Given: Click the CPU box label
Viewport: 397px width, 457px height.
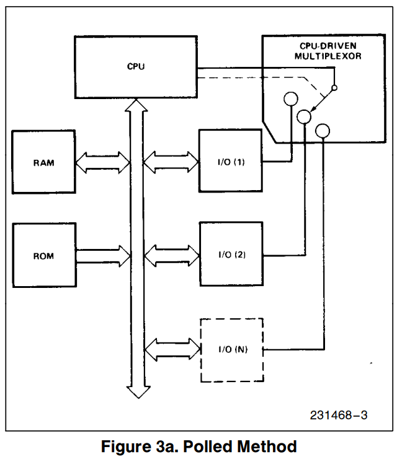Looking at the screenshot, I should pyautogui.click(x=135, y=66).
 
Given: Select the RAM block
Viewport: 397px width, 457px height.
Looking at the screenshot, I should pyautogui.click(x=43, y=163).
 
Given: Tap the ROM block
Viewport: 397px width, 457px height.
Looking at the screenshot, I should pyautogui.click(x=43, y=255).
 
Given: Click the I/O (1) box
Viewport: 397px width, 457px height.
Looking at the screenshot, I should pyautogui.click(x=231, y=163).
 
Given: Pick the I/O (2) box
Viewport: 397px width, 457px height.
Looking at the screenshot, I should pyautogui.click(x=231, y=255).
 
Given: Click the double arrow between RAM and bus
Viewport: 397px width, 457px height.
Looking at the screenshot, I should pyautogui.click(x=102, y=163).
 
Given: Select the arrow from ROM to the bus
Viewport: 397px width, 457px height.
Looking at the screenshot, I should pyautogui.click(x=102, y=255).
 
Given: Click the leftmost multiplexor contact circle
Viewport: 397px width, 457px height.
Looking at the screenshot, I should pyautogui.click(x=290, y=98).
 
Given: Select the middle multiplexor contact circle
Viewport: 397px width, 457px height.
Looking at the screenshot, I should pyautogui.click(x=305, y=115).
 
